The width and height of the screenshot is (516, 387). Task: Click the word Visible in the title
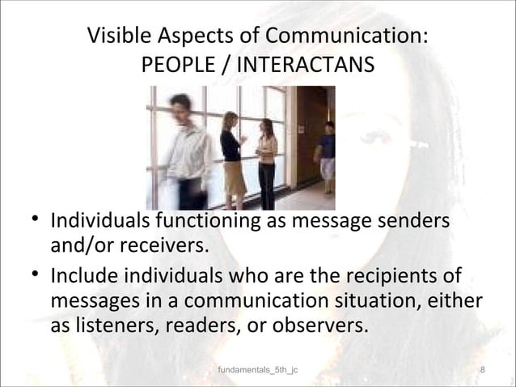tap(117, 38)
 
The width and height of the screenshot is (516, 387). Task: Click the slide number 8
tap(482, 371)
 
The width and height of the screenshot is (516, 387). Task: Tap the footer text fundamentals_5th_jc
tap(259, 371)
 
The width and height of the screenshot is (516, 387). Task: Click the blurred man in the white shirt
tap(183, 150)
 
